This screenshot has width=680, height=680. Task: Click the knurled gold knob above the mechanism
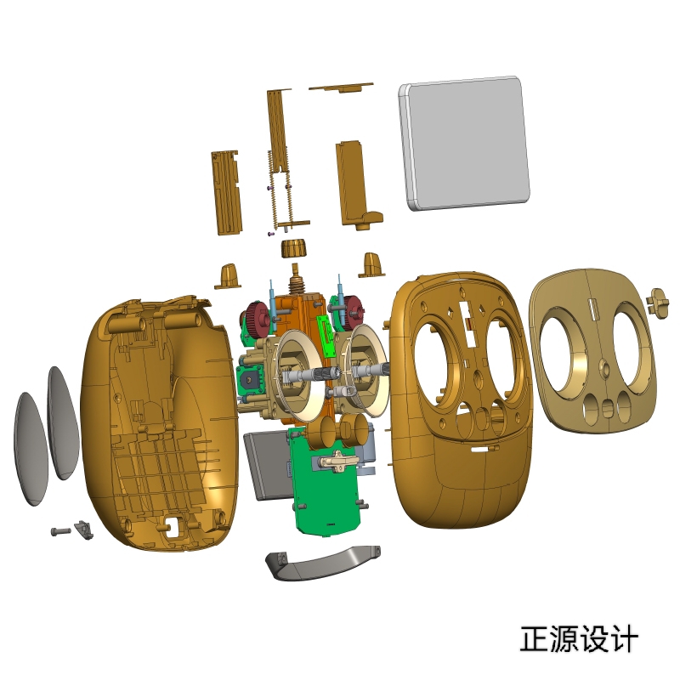292,249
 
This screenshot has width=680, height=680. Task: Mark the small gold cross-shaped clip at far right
659,300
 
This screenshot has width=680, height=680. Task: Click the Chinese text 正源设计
578,639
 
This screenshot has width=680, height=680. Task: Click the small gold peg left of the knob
228,275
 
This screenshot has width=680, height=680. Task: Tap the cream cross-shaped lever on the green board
338,461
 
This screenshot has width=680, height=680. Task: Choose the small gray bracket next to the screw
83,530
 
